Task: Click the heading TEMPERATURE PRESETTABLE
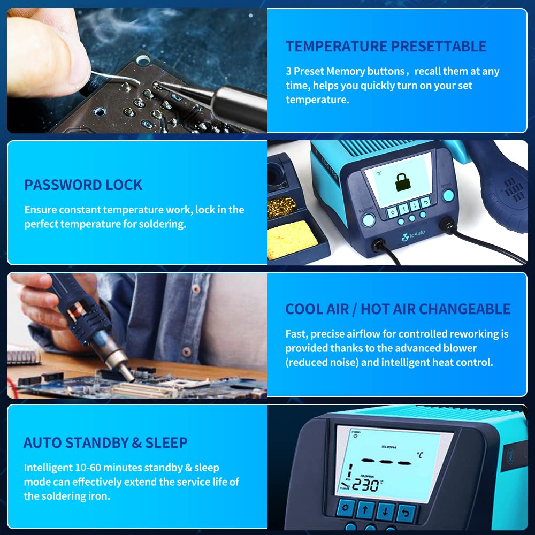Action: point(386,47)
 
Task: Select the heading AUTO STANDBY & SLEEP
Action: point(105,443)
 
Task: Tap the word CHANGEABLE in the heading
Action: point(465,309)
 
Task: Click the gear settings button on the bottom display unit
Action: point(345,510)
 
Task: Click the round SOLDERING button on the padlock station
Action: point(368,219)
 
